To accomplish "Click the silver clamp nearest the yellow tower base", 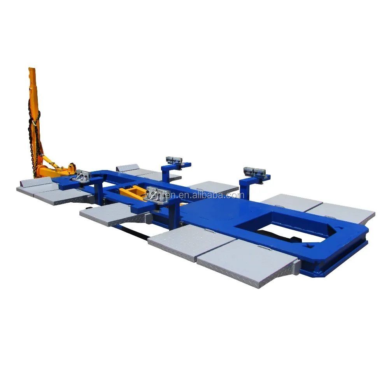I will coord(82,176).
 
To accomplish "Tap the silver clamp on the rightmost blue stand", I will coord(254,172).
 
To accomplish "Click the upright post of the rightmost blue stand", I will coord(244,188).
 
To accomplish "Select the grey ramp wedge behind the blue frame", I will coord(126,168).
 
